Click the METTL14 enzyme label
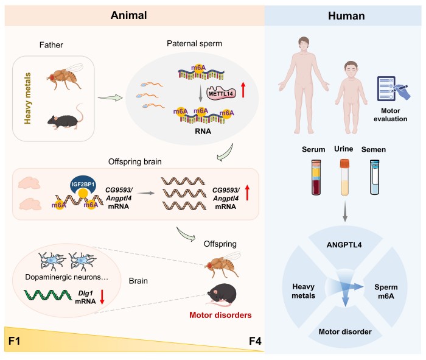click(x=221, y=94)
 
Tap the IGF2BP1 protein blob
click(x=83, y=185)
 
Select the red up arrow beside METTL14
click(x=243, y=90)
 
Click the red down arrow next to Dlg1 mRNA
click(x=102, y=297)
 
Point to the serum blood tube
click(x=316, y=177)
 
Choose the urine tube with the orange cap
click(x=344, y=177)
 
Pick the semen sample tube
click(x=375, y=177)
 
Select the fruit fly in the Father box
click(x=65, y=76)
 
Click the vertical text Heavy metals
click(x=27, y=99)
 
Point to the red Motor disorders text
click(x=220, y=315)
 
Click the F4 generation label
click(x=255, y=341)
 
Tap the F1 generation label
click(x=14, y=341)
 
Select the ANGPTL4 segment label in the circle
click(x=344, y=245)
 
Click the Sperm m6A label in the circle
click(x=386, y=292)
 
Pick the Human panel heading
click(x=346, y=16)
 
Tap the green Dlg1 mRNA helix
click(x=48, y=295)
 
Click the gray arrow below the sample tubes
click(x=345, y=211)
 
